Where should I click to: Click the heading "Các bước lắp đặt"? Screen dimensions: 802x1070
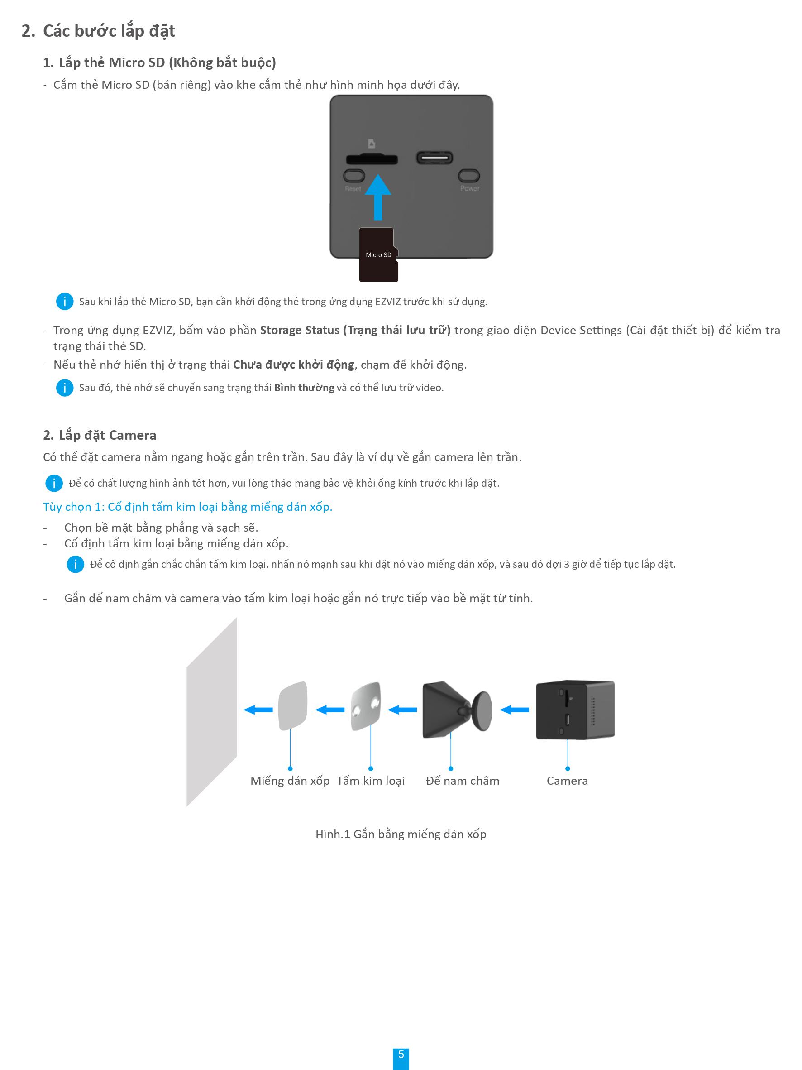[x=109, y=31]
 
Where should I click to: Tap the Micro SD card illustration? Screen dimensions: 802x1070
[x=378, y=254]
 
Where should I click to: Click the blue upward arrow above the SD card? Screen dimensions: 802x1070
[x=378, y=197]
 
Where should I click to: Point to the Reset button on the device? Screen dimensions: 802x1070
[x=354, y=175]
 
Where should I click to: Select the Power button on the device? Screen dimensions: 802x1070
[x=469, y=175]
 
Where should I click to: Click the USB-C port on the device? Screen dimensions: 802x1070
[x=434, y=158]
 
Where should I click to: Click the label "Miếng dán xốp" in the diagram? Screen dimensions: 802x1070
[x=290, y=780]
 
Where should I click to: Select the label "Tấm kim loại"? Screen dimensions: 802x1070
[x=371, y=780]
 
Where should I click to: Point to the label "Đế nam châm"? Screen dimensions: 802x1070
[x=463, y=780]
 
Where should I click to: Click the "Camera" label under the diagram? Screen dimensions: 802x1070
[x=567, y=780]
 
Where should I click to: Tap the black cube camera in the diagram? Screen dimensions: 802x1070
[x=575, y=709]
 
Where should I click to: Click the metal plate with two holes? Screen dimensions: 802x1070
[x=366, y=706]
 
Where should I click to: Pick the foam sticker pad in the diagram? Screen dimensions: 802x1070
[x=293, y=706]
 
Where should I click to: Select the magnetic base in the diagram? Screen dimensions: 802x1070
[x=457, y=710]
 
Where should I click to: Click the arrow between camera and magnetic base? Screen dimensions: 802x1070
[x=514, y=710]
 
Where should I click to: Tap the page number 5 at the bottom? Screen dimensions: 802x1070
[x=401, y=1055]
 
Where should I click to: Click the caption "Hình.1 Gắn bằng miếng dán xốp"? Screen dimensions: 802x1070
[x=401, y=834]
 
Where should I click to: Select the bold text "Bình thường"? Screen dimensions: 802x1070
[x=304, y=388]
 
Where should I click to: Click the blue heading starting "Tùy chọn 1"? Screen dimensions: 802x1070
[x=187, y=506]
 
